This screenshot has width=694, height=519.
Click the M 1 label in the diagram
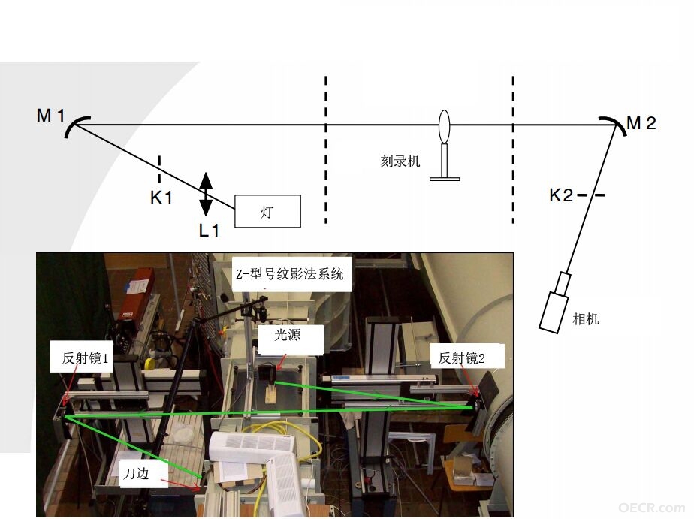point(50,116)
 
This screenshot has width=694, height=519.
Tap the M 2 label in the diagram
point(641,123)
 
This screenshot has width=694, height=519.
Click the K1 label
point(161,198)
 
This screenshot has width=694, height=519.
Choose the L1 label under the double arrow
point(209,230)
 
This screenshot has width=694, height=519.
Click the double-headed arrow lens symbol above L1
point(206,194)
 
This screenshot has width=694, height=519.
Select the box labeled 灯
point(268,211)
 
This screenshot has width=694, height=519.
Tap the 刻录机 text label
point(400,161)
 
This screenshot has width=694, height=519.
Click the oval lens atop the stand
point(445,126)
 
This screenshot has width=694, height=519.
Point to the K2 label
point(561,195)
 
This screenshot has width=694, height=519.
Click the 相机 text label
point(586,318)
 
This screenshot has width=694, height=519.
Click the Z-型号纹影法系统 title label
point(290,274)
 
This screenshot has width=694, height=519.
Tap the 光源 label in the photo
point(288,335)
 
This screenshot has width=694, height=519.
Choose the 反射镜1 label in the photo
point(85,358)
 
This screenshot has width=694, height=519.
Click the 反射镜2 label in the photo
point(462,358)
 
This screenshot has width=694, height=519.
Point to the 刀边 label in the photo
point(137,474)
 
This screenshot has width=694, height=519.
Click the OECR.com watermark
point(651,508)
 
